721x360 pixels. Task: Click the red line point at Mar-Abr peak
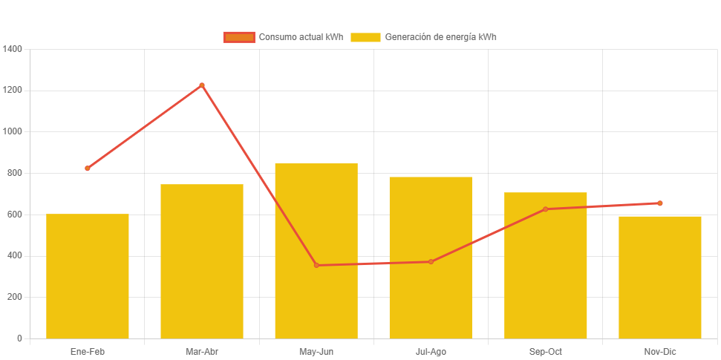[202, 85]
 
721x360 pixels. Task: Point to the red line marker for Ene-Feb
[88, 168]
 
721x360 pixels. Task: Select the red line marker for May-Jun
[316, 265]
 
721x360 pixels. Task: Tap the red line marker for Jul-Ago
[431, 261]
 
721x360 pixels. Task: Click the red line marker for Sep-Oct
[546, 209]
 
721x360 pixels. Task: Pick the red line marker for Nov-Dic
[660, 203]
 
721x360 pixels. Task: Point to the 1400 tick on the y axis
[13, 49]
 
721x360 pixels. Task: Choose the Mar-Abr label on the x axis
[202, 351]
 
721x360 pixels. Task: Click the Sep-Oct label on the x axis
[546, 351]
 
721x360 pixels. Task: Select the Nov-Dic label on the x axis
[660, 351]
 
